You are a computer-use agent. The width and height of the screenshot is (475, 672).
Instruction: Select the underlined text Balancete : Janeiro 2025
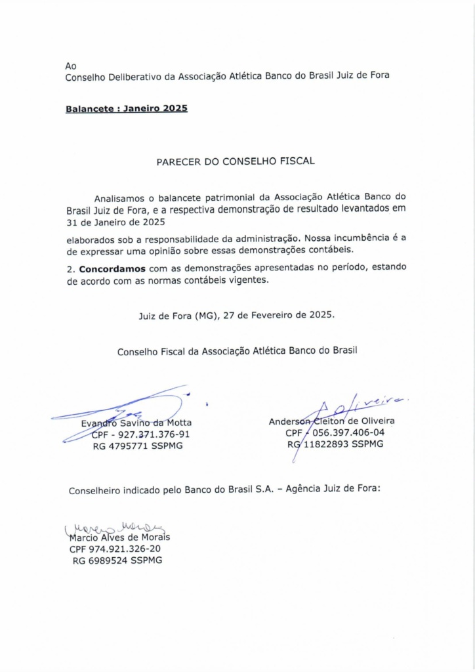tap(127, 108)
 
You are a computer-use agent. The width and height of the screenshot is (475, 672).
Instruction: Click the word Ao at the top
tap(71, 66)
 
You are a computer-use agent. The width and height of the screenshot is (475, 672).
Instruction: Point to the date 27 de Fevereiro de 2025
tap(279, 315)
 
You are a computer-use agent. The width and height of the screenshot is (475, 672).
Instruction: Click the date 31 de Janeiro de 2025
tap(115, 222)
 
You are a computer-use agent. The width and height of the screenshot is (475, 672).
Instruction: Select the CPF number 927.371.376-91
tap(154, 434)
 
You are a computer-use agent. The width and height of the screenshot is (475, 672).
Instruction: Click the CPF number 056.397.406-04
tap(348, 433)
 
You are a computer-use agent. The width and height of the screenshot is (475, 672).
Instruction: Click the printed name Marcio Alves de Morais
tap(119, 537)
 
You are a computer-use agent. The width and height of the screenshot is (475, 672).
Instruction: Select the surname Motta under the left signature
tap(178, 423)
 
